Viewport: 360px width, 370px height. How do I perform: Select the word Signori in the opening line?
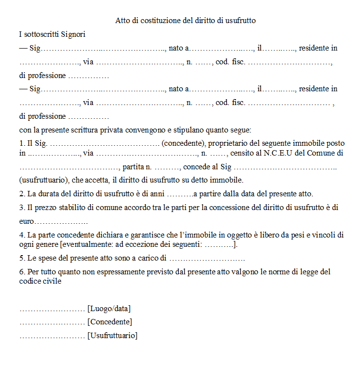74,34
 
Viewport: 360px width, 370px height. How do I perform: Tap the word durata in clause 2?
56,193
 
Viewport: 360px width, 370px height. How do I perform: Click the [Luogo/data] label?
109,309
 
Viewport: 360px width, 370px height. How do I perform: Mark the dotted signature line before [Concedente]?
52,322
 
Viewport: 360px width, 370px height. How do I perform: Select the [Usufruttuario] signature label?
112,336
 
